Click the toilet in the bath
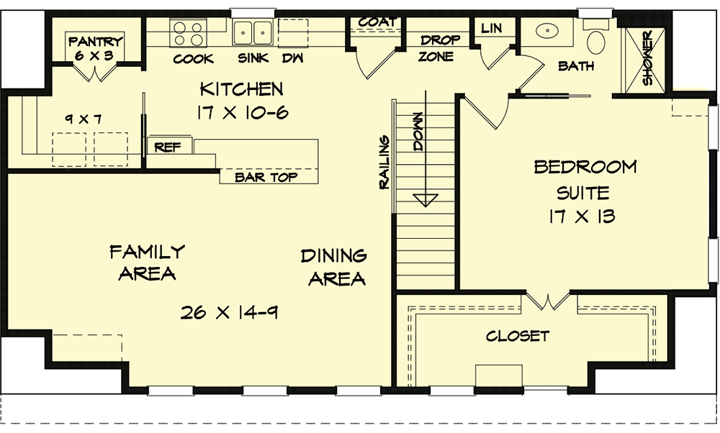point(596,41)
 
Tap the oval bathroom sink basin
point(549,32)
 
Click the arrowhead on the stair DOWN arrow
point(426,199)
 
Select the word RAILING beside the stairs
point(384,162)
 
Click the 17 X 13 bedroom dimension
point(585,216)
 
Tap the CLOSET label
point(517,336)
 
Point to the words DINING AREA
point(333,267)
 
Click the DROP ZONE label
point(436,48)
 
